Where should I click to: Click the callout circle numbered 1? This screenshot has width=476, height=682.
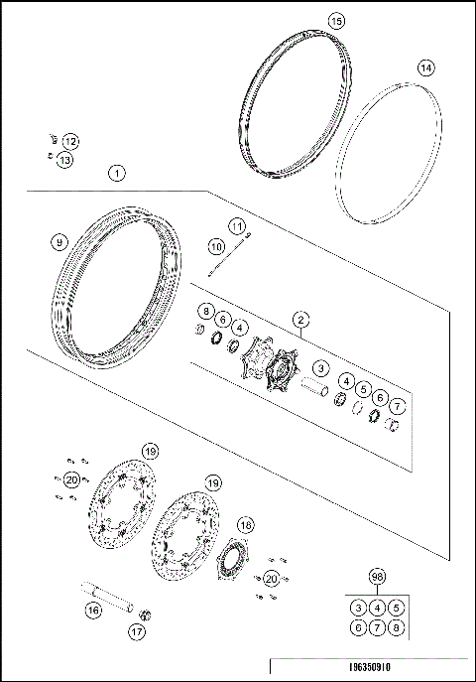(118, 173)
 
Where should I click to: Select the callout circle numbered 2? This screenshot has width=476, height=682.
(299, 320)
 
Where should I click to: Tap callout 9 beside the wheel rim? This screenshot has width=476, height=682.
(59, 242)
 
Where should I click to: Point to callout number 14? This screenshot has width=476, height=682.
(424, 68)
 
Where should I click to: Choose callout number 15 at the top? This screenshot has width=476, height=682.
(336, 20)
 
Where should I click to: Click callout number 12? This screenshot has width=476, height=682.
(69, 141)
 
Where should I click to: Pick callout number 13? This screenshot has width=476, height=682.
(63, 160)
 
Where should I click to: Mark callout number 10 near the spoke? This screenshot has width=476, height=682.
(217, 245)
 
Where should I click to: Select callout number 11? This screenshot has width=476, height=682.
(237, 227)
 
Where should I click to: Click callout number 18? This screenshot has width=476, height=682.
(245, 524)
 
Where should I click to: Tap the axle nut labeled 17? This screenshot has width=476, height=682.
(142, 614)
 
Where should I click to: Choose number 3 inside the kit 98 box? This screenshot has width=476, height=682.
(358, 607)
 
